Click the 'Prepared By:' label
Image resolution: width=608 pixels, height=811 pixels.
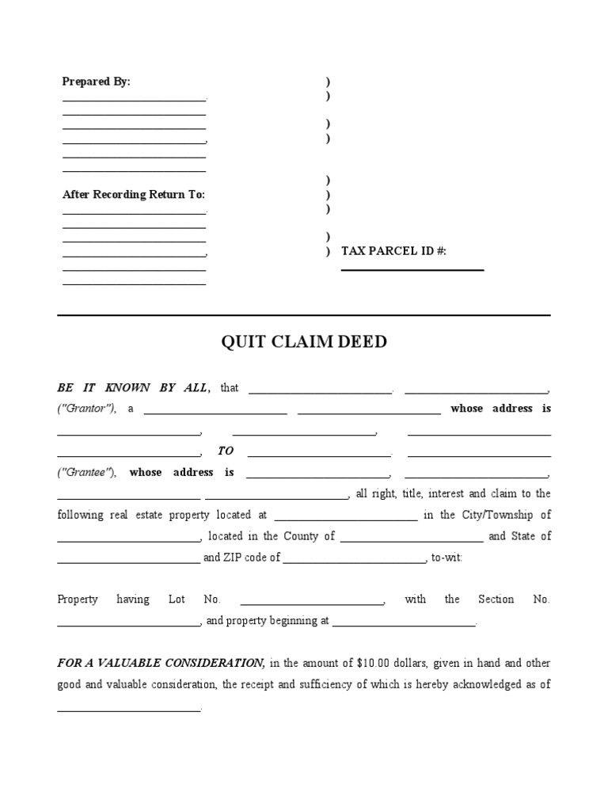[96, 82]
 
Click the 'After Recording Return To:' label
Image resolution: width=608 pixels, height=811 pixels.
[133, 195]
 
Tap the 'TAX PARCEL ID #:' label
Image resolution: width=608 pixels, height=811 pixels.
[393, 251]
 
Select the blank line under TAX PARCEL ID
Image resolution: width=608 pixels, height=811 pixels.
[412, 269]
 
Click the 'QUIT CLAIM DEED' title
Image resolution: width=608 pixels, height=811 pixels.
[303, 342]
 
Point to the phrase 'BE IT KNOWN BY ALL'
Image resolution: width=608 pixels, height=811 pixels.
[133, 388]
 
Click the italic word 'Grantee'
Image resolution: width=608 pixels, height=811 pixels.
[86, 473]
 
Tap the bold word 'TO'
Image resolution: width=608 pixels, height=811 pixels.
[226, 451]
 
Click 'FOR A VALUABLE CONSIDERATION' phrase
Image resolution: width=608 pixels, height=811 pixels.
[161, 663]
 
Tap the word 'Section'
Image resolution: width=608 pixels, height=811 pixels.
[496, 600]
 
